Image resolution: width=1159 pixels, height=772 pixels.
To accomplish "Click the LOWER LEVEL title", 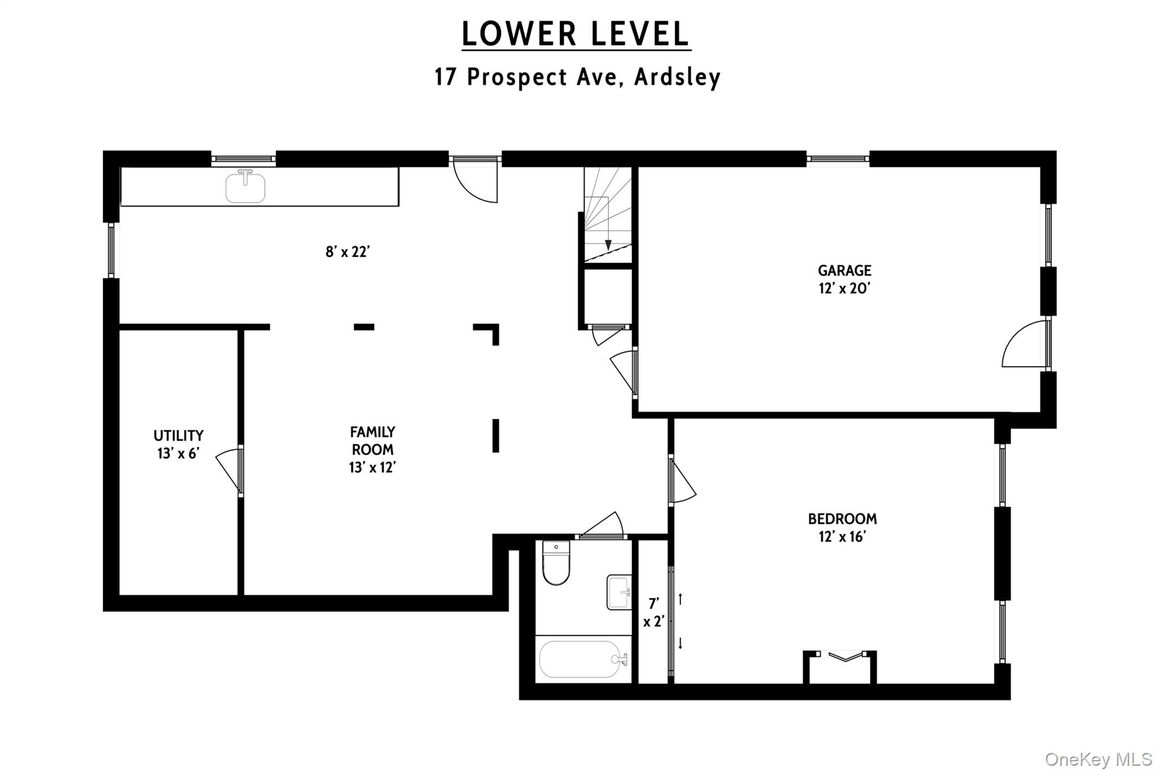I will tap(576, 34).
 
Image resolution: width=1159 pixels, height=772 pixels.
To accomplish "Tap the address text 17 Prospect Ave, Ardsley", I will tap(577, 77).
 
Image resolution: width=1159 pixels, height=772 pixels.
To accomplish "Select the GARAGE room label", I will tap(844, 270).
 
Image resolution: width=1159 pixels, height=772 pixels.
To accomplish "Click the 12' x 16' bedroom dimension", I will tap(842, 537).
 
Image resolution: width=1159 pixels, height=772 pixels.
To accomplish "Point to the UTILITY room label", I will tap(178, 435).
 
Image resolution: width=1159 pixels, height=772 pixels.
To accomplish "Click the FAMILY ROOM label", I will tap(372, 441).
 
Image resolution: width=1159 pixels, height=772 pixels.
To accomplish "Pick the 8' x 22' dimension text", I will tap(347, 252).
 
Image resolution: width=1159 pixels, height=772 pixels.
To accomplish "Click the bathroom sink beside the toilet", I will tap(619, 592).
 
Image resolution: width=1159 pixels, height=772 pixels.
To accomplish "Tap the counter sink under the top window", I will tap(245, 188).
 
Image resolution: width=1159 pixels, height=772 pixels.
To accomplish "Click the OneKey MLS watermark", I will tap(1098, 759).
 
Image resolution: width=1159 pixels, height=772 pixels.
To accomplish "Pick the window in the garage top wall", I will tap(838, 159).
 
